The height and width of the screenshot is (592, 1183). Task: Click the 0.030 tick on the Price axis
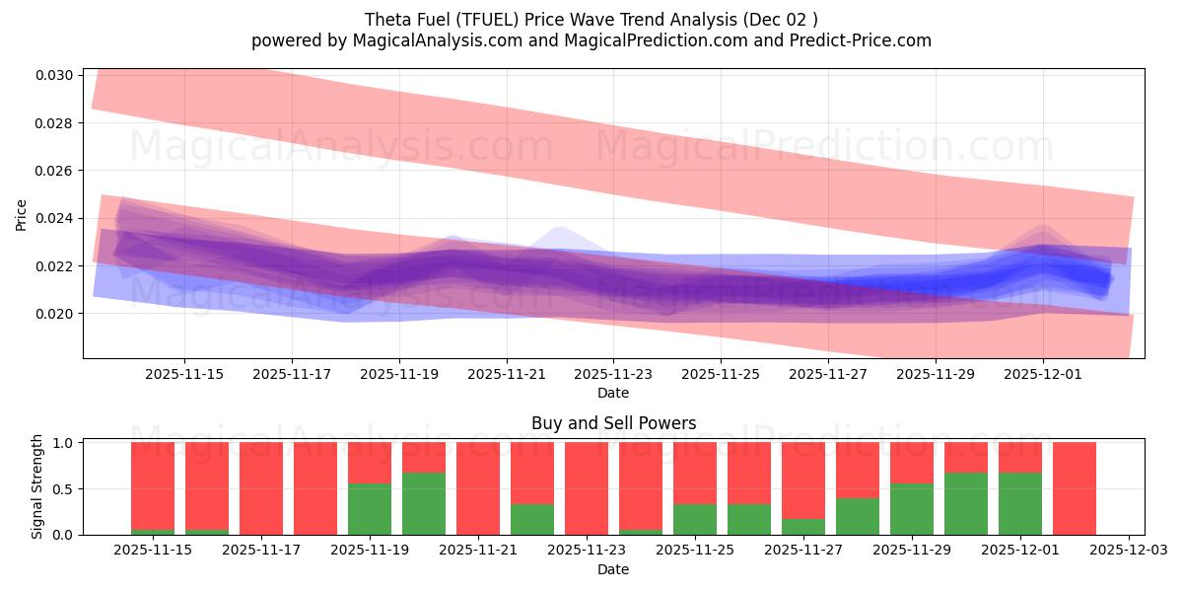(x=56, y=76)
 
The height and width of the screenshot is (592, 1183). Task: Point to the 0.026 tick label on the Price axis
(x=56, y=171)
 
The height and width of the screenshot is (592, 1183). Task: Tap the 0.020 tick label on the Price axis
(x=56, y=314)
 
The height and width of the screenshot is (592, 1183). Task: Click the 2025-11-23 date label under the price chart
(x=613, y=375)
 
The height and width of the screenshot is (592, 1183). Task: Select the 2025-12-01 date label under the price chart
(x=1043, y=375)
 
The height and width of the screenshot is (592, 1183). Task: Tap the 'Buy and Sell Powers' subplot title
(x=613, y=423)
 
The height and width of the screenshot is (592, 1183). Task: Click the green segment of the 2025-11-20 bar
(x=424, y=504)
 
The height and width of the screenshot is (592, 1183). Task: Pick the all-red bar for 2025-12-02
(x=1075, y=488)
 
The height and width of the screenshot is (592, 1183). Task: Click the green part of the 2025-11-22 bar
(x=532, y=520)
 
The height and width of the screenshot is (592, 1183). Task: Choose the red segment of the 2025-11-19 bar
(x=370, y=462)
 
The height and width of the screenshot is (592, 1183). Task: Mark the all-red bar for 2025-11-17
(x=261, y=488)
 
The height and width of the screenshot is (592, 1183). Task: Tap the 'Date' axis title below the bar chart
(x=613, y=569)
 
